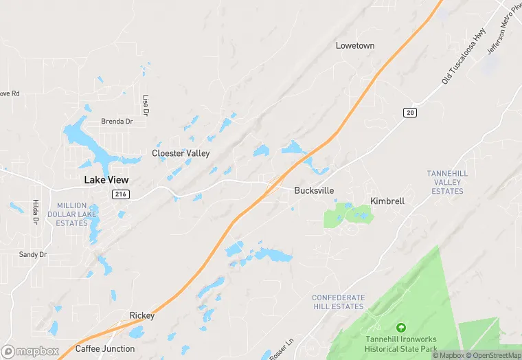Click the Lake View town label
click(x=106, y=180)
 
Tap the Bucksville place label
click(x=314, y=190)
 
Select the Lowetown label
click(x=355, y=45)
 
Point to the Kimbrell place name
click(x=387, y=201)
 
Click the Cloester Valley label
click(x=181, y=153)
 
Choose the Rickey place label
click(x=142, y=316)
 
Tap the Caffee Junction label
click(x=104, y=348)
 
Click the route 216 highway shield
click(x=121, y=195)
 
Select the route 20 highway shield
click(x=410, y=113)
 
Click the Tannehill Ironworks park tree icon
click(x=401, y=328)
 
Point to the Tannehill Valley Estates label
click(x=447, y=182)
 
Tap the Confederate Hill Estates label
click(x=338, y=302)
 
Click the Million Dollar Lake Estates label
click(x=72, y=214)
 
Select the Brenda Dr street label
click(x=117, y=122)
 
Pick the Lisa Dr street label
click(x=146, y=104)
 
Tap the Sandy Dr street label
click(x=32, y=254)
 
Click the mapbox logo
click(x=30, y=351)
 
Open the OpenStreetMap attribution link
click(x=492, y=356)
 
